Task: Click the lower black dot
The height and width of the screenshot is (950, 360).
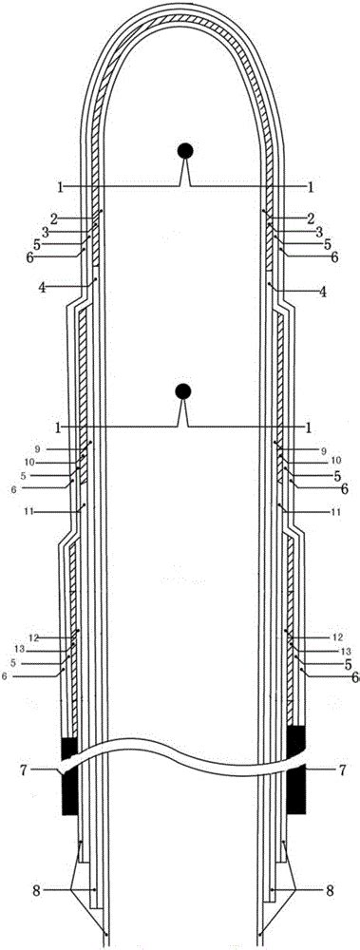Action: pos(184,390)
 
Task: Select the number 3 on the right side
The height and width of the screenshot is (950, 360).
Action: pos(319,231)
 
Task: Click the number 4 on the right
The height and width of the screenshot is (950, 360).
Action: pos(323,294)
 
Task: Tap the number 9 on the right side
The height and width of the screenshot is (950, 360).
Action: pos(323,450)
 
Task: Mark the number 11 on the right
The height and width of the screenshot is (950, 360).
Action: pos(334,512)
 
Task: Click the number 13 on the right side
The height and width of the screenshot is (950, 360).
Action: pos(333,651)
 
